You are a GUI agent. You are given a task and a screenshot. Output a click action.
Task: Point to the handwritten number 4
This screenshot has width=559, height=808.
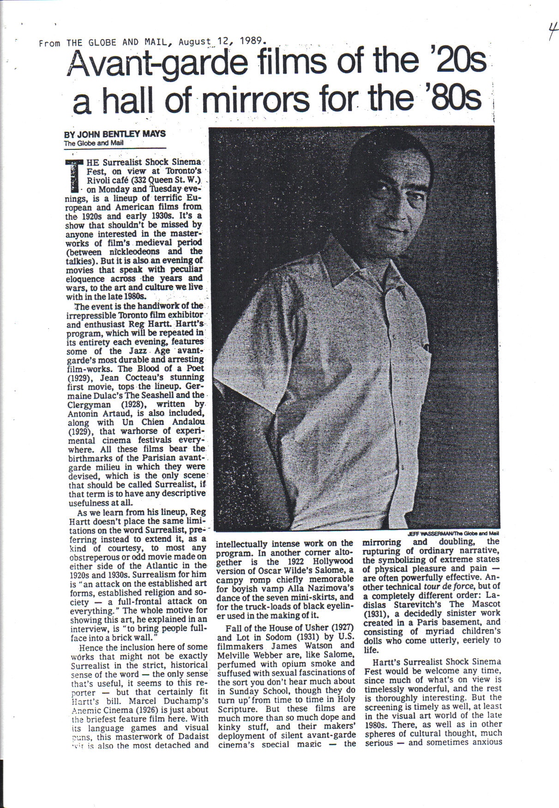pyautogui.click(x=550, y=33)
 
